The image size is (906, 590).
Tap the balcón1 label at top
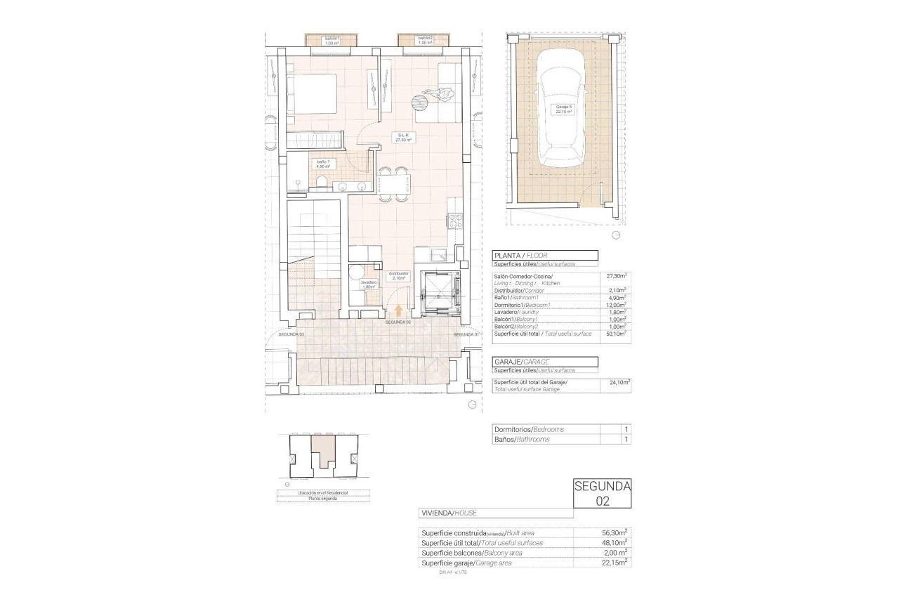click(330, 40)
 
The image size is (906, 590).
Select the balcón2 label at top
click(424, 40)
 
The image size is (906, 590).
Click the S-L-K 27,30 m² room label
click(404, 138)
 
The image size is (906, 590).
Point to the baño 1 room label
click(323, 164)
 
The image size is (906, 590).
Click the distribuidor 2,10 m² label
click(399, 276)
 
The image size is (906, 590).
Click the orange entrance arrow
click(399, 310)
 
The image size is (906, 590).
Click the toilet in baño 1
click(320, 184)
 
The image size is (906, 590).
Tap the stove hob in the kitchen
click(454, 221)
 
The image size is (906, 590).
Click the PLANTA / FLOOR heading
click(520, 256)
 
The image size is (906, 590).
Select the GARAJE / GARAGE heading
click(520, 362)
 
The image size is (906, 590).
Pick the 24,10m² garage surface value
click(619, 383)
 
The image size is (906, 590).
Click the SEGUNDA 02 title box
click(602, 493)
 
